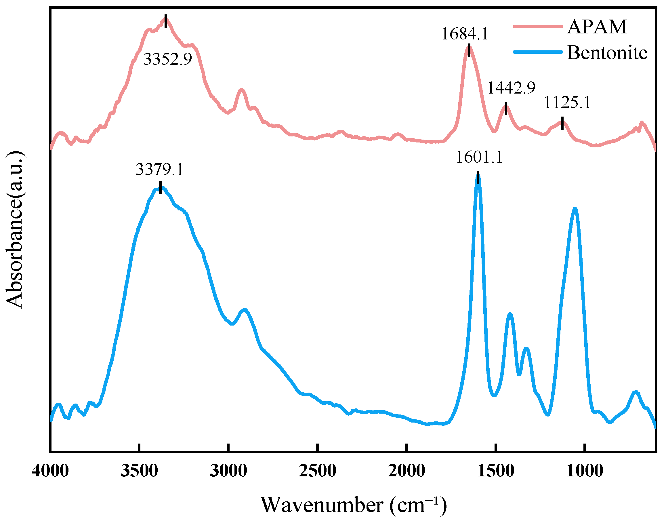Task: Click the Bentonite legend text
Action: pyautogui.click(x=607, y=53)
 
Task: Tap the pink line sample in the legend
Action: pyautogui.click(x=538, y=26)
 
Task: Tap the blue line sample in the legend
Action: pyautogui.click(x=538, y=52)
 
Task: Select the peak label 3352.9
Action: pyautogui.click(x=167, y=59)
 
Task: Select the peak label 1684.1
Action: pyautogui.click(x=464, y=34)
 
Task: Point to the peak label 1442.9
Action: pyautogui.click(x=511, y=88)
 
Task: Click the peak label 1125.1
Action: pyautogui.click(x=567, y=102)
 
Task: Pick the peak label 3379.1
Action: pyautogui.click(x=159, y=169)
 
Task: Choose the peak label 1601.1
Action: pyautogui.click(x=479, y=157)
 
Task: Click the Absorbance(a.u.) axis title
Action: pyautogui.click(x=15, y=230)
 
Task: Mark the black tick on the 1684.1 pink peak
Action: pyautogui.click(x=469, y=50)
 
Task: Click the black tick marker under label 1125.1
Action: pyautogui.click(x=562, y=123)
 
